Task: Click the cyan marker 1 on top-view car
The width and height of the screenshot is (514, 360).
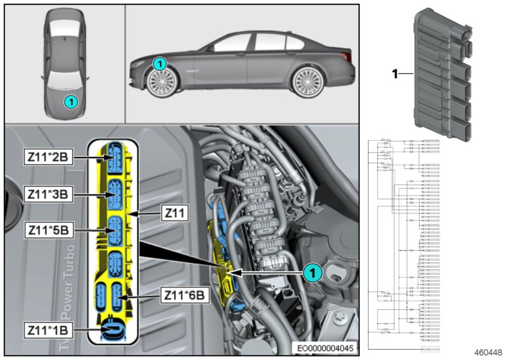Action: (71, 101)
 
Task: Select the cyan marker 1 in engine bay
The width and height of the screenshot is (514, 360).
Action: (312, 273)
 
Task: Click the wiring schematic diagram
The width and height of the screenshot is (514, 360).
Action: (403, 244)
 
